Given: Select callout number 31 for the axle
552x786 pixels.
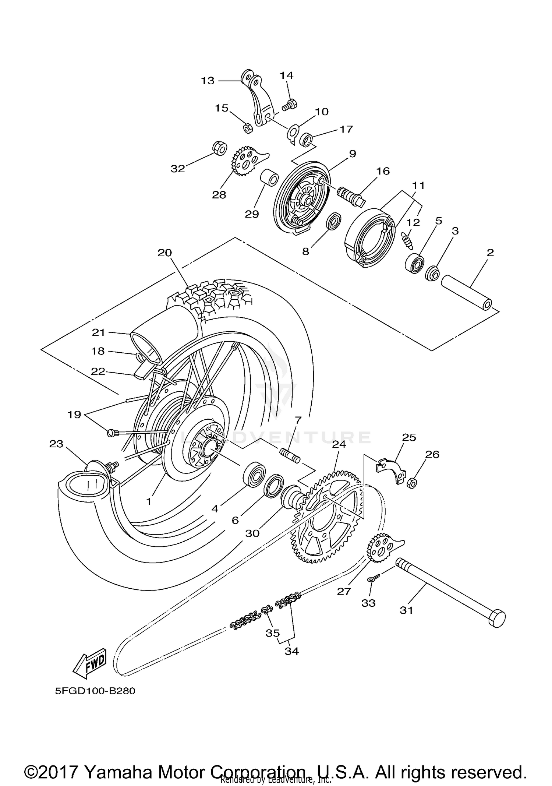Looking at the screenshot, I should (407, 610).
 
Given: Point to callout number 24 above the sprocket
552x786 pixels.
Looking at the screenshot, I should (339, 445).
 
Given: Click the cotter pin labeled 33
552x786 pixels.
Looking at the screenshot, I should (373, 579).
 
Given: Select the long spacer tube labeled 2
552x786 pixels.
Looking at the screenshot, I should (467, 295).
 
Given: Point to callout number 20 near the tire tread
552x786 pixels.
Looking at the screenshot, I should (165, 253).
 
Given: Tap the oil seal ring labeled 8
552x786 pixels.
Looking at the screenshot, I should (334, 222).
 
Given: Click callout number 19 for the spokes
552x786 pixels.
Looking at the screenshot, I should (74, 415).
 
